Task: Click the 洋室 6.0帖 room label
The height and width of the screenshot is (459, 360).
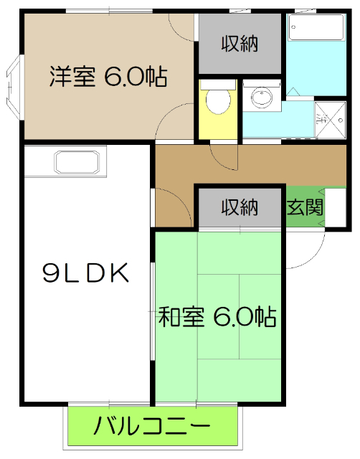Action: pos(108,76)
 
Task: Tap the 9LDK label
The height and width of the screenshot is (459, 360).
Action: pos(85,273)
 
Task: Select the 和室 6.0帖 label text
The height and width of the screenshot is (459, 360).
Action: pos(217,316)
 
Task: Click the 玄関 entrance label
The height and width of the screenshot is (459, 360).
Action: pos(305,208)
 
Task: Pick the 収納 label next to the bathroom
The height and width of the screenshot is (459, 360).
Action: pos(240,44)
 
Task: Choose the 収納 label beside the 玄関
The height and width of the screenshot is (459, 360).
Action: pos(240,208)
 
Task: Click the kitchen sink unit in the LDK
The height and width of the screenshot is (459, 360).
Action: pos(80,163)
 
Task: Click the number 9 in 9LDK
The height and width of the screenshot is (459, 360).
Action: pos(52,273)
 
